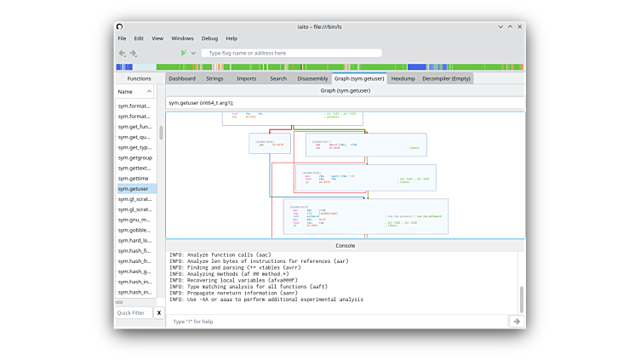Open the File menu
pyautogui.click(x=122, y=38)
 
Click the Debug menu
pyautogui.click(x=209, y=38)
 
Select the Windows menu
pyautogui.click(x=182, y=38)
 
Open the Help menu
pyautogui.click(x=231, y=38)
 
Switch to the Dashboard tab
pyautogui.click(x=181, y=78)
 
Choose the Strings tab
pyautogui.click(x=214, y=78)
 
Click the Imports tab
pyautogui.click(x=246, y=78)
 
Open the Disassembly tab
pyautogui.click(x=312, y=78)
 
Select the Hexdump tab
pyautogui.click(x=403, y=78)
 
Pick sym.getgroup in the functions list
pyautogui.click(x=134, y=157)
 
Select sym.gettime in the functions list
pyautogui.click(x=133, y=178)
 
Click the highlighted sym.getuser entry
pyautogui.click(x=133, y=188)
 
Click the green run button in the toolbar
pyautogui.click(x=183, y=53)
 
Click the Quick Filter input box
pyautogui.click(x=133, y=313)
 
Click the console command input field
pyautogui.click(x=337, y=321)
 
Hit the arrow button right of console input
pyautogui.click(x=516, y=321)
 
